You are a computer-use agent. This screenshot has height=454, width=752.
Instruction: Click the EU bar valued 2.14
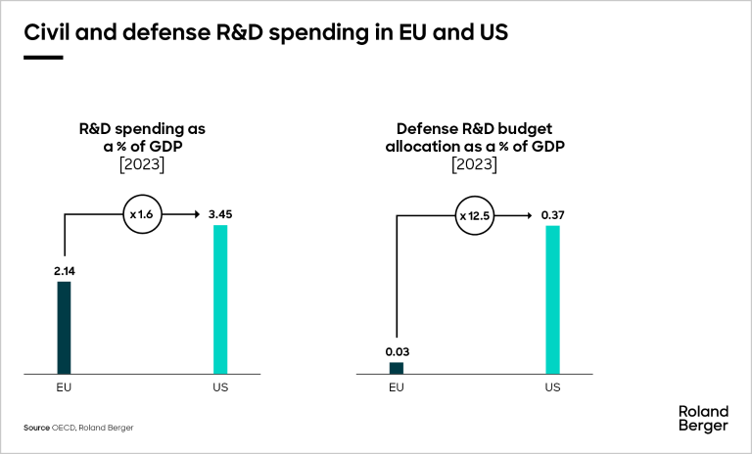[64, 328]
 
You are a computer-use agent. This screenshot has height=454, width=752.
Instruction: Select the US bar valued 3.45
[220, 299]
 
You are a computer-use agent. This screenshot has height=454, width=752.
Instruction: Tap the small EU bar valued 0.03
[396, 368]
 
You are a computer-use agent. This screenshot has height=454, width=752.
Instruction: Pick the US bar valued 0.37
[552, 299]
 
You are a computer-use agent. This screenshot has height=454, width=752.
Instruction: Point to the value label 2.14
[64, 270]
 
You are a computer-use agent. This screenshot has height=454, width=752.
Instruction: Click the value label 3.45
[220, 213]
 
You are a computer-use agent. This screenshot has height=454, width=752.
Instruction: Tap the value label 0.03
[396, 350]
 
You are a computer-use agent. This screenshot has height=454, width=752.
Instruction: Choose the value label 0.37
[552, 213]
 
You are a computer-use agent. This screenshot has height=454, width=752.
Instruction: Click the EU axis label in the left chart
[64, 387]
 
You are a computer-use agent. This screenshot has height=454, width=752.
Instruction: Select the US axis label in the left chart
[220, 387]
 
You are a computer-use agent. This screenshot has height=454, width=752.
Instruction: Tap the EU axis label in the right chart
[396, 387]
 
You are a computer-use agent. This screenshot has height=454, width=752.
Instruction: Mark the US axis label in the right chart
[552, 387]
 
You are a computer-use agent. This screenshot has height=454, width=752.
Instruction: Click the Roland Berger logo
[703, 419]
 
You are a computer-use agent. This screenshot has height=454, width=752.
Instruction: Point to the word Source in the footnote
[36, 429]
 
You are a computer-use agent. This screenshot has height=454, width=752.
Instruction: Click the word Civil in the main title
[45, 31]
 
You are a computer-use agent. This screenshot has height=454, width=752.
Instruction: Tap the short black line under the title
[43, 58]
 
